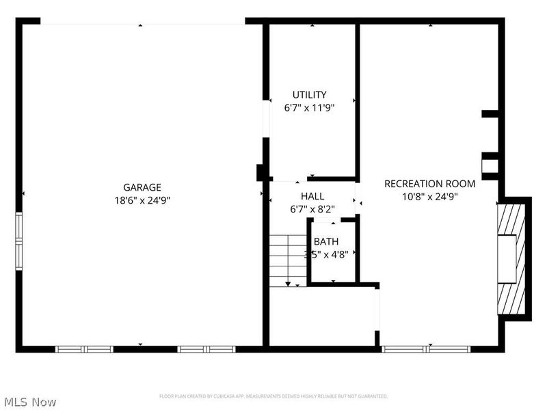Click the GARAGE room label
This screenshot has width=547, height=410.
coord(142,187)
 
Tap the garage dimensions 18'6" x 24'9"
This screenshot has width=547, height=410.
coord(142,200)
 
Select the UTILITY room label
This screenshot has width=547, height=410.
coord(309,95)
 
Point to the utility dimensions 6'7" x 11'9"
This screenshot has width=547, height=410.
coord(309,107)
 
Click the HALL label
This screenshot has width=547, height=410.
coord(312,196)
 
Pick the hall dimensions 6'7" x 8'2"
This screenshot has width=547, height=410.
coord(312,209)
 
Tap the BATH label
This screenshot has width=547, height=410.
coord(326,241)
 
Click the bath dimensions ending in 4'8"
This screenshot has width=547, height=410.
coord(327,254)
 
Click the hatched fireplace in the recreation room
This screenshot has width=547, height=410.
coord(513,258)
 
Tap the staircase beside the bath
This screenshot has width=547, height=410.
coord(287,258)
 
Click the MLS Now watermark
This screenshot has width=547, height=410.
coord(31,402)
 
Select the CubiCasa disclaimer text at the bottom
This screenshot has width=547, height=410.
coord(273,396)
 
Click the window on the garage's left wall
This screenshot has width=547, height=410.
coord(19,240)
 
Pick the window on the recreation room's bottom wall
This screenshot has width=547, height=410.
coord(425,348)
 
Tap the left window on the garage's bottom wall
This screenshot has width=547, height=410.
coord(84,348)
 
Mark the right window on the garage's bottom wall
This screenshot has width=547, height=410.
coord(206,348)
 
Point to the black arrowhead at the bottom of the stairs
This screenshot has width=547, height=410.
coord(288,283)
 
